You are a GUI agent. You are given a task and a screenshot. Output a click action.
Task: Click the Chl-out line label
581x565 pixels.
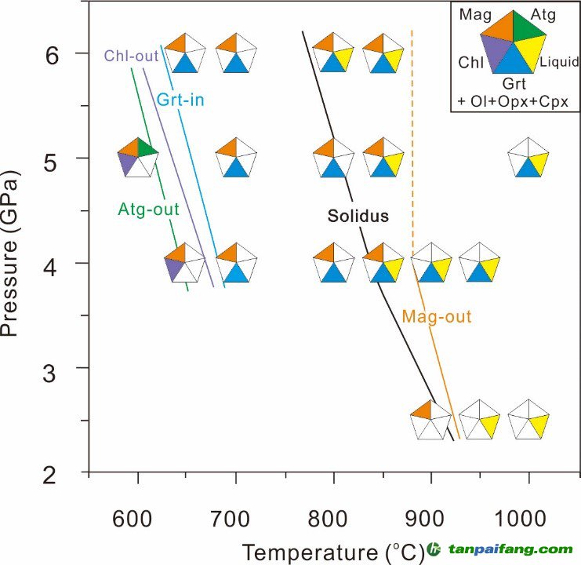(131, 56)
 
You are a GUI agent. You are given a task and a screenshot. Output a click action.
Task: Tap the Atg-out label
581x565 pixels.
(149, 210)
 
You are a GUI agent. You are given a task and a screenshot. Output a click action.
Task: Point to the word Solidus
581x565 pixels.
(358, 216)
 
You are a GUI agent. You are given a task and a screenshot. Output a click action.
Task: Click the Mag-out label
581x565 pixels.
(436, 317)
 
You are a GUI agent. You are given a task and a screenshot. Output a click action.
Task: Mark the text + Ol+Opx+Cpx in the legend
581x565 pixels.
(513, 101)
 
